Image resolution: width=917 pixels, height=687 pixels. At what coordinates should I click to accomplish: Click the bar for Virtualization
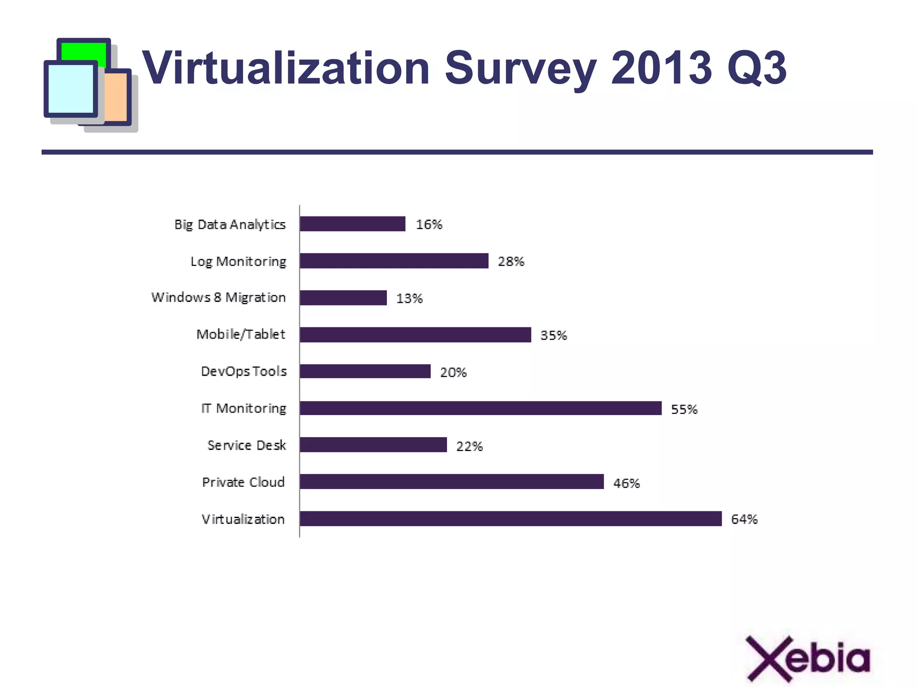click(510, 519)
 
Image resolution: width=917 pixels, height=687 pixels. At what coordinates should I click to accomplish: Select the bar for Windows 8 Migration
click(343, 298)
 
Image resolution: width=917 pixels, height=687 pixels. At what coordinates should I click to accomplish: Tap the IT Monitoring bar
click(480, 408)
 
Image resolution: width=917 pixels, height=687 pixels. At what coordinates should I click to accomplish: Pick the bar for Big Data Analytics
click(352, 224)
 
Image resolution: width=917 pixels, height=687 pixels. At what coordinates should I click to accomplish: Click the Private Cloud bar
click(451, 482)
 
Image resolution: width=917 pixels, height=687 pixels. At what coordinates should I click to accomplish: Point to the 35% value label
click(553, 335)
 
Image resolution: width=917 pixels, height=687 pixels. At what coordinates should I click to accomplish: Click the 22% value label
click(469, 446)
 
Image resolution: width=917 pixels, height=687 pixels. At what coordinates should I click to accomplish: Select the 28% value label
click(511, 262)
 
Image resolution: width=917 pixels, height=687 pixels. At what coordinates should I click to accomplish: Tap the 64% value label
click(744, 519)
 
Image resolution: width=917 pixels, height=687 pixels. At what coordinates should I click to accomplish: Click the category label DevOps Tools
click(244, 371)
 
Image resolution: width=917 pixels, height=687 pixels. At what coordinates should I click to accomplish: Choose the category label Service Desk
click(246, 445)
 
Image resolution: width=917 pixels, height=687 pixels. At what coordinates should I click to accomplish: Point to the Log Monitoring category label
click(238, 262)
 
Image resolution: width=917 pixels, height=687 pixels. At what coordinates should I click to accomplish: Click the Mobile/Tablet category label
click(240, 335)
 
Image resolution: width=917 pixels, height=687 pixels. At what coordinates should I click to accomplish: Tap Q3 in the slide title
click(757, 68)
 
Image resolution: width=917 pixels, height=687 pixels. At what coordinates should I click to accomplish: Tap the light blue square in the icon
click(70, 88)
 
